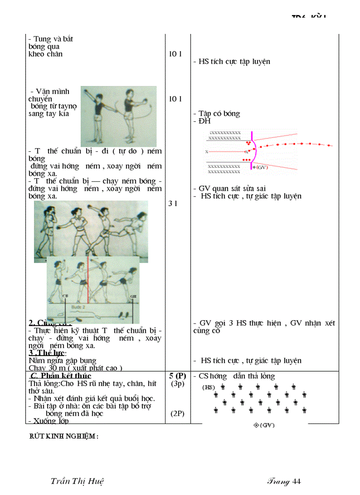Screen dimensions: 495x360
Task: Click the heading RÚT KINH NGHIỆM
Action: [x=63, y=436]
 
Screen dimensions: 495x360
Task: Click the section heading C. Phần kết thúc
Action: [x=60, y=376]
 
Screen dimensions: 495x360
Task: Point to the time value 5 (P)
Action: [x=177, y=376]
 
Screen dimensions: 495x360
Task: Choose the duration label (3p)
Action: [x=177, y=383]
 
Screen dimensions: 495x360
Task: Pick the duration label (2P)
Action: [x=177, y=414]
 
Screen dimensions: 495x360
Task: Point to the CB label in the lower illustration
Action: [x=65, y=297]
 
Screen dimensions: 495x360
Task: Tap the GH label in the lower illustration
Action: [x=133, y=297]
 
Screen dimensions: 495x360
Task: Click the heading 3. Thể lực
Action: [x=47, y=353]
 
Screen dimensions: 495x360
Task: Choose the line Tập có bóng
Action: [x=219, y=114]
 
